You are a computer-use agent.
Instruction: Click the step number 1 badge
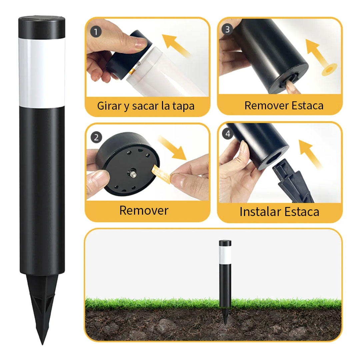(96, 32)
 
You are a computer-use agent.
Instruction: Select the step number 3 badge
(228, 29)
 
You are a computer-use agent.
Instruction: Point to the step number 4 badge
(228, 134)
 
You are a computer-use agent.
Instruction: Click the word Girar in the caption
(110, 106)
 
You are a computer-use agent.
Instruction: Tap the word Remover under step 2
(144, 210)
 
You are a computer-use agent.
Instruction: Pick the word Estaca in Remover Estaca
(307, 105)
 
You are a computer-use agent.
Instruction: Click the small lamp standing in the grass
(225, 273)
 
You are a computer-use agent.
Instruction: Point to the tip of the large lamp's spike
(42, 343)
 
